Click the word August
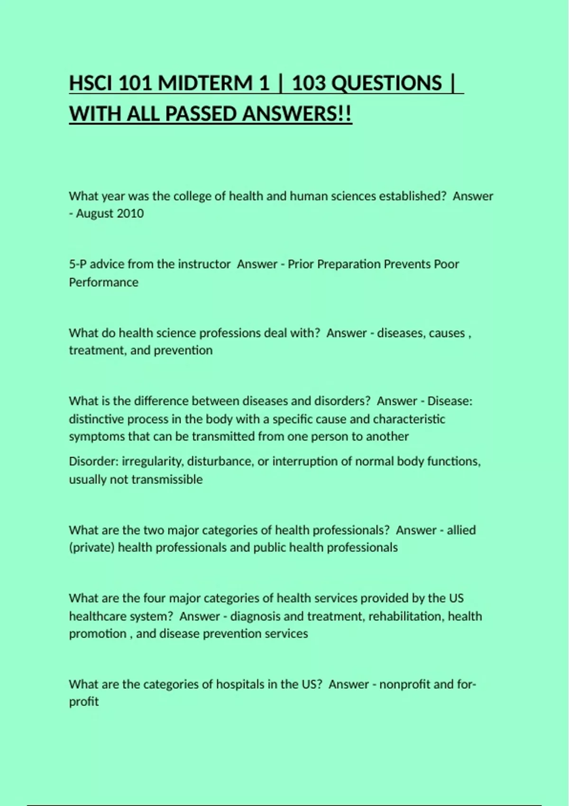click(x=94, y=213)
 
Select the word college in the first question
click(x=192, y=196)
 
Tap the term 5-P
click(x=78, y=264)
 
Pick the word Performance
click(x=104, y=282)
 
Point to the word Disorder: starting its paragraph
click(x=94, y=461)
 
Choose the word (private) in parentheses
click(x=92, y=548)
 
